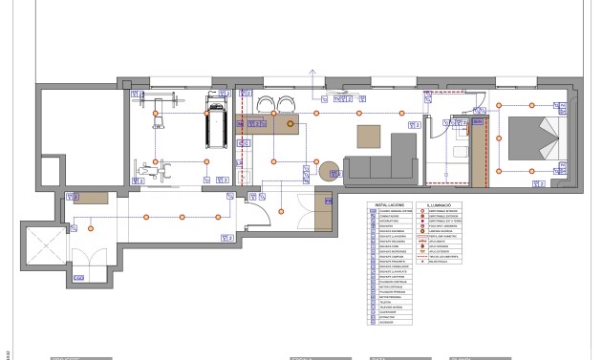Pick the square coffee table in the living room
(x=369, y=136)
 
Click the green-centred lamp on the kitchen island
(x=291, y=123)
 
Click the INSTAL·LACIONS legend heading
(x=392, y=205)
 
